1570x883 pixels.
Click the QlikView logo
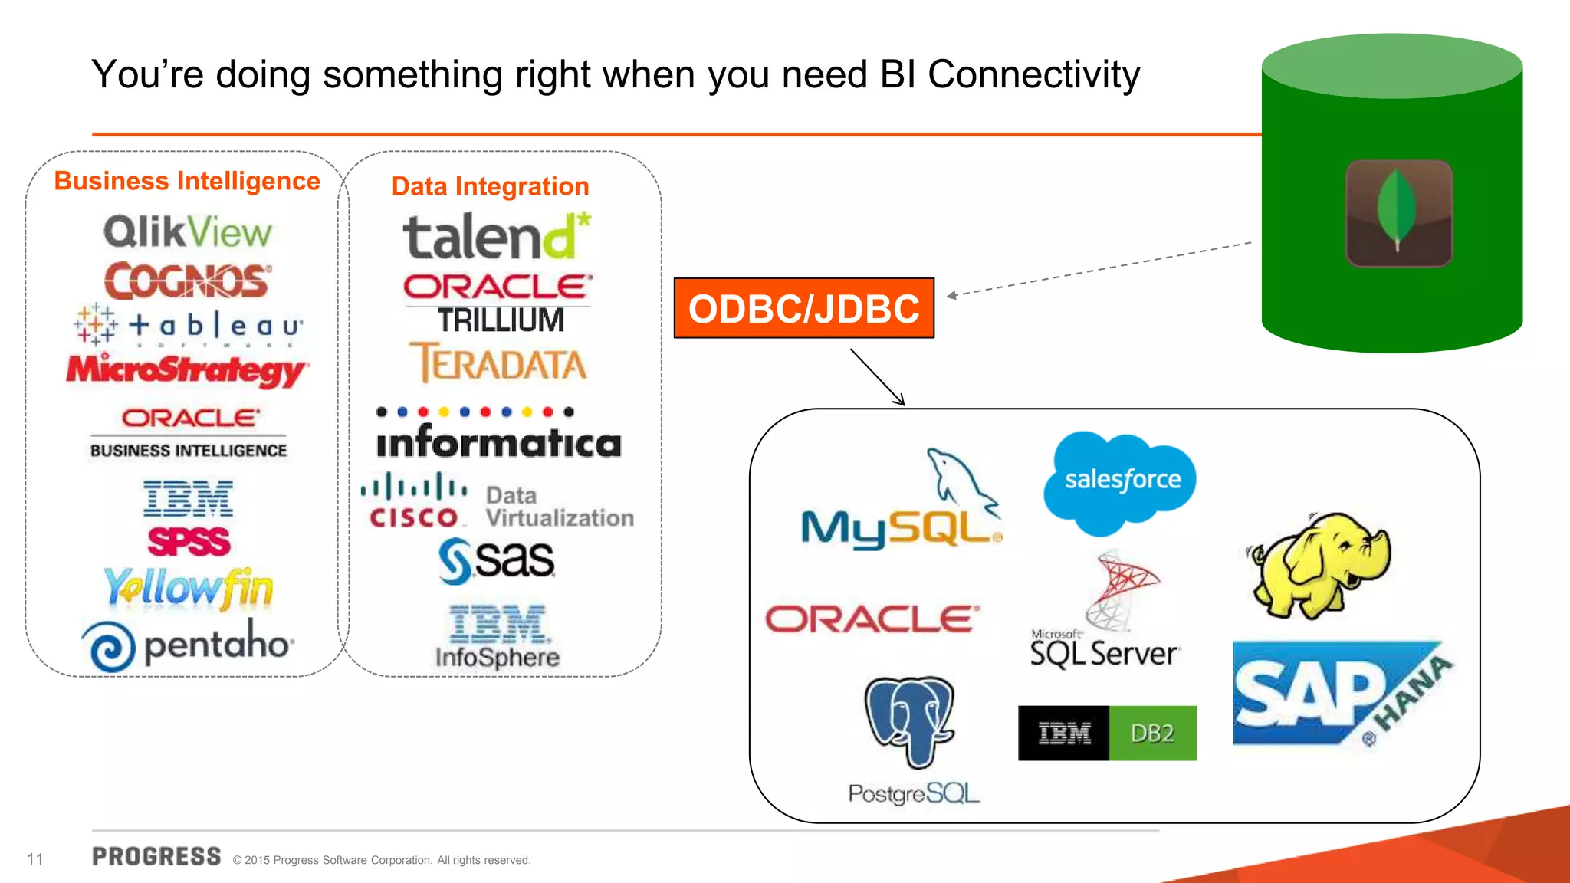tap(188, 231)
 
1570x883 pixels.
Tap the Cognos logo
tap(188, 281)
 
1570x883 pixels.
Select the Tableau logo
tap(189, 326)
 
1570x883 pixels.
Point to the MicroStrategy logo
tap(187, 370)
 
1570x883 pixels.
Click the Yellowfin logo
tap(189, 588)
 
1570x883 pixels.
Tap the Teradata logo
tap(498, 363)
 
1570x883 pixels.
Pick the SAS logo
tap(497, 560)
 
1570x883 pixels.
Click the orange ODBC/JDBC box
tap(803, 308)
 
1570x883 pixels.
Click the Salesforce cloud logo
tap(1121, 481)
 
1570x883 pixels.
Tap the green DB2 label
tap(1152, 734)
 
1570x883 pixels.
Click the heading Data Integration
tap(491, 186)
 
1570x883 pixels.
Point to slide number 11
tap(35, 859)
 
